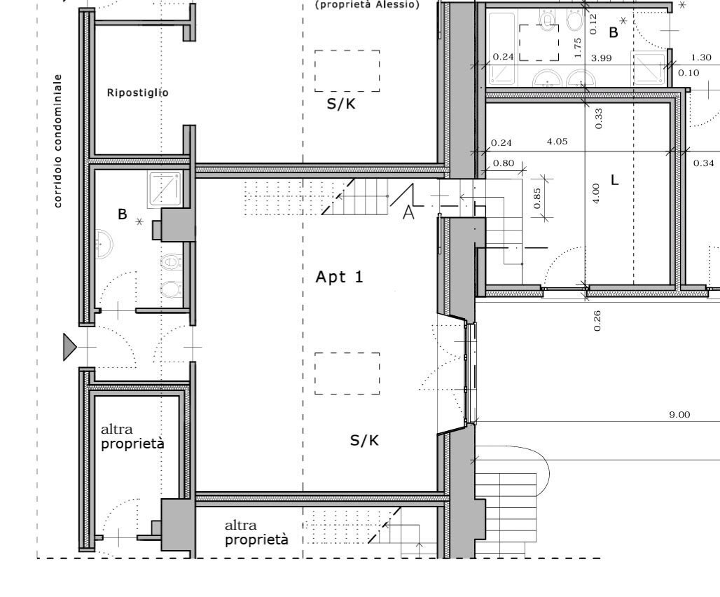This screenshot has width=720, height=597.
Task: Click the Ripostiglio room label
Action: (137, 92)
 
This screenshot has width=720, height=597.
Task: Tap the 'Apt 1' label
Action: (339, 277)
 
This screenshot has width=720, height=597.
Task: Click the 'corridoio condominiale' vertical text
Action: (58, 141)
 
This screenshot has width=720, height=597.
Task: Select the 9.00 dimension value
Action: (679, 415)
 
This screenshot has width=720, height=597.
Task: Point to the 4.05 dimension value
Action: (557, 142)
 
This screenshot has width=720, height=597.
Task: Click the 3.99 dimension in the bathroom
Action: (601, 58)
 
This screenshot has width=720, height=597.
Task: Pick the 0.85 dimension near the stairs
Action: (537, 198)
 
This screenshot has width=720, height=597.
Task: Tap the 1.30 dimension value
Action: (701, 57)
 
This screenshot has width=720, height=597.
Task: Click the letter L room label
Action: (615, 180)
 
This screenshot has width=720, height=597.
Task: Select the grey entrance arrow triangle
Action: (69, 347)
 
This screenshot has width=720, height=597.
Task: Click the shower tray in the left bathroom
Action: (165, 188)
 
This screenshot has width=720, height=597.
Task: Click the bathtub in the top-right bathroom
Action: (502, 49)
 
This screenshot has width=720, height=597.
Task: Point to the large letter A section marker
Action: (408, 212)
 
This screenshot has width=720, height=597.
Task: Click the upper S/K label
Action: (340, 104)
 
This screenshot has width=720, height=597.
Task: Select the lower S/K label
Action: (364, 441)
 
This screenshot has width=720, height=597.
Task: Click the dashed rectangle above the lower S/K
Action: (347, 373)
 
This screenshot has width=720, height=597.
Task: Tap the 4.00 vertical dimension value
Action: (595, 193)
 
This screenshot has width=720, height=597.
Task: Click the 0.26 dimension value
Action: (597, 320)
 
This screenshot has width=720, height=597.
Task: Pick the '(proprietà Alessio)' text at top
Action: (367, 5)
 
